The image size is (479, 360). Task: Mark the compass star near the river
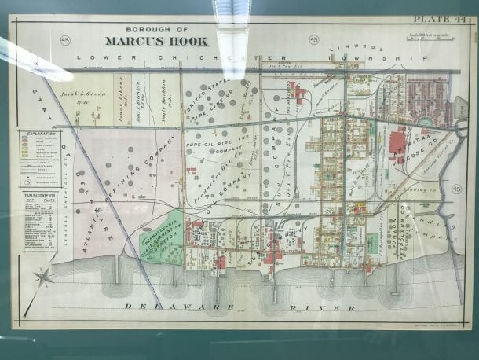coord(44,276)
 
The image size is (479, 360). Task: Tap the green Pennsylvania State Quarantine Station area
coord(160,236)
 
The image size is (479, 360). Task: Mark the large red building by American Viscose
coord(398,143)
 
